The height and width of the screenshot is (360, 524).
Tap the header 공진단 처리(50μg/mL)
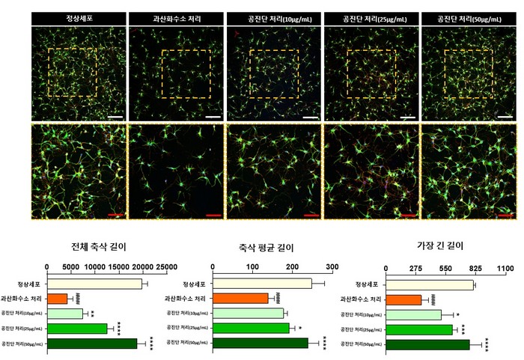(x=469, y=16)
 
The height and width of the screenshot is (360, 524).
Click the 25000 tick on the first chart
(x=166, y=266)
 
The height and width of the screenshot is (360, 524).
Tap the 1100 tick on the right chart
(x=506, y=268)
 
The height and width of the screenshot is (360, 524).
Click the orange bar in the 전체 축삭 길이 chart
(x=58, y=299)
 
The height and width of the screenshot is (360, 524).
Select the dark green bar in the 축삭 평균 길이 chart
(x=261, y=344)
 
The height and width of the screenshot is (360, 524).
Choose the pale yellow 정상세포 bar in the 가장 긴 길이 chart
(x=430, y=285)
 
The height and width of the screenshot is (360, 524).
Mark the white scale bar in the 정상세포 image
(x=115, y=117)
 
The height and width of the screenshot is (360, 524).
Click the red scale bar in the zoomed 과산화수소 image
(x=213, y=215)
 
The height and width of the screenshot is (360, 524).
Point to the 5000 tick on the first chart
(x=70, y=266)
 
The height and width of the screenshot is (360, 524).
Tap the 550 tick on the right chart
(x=445, y=268)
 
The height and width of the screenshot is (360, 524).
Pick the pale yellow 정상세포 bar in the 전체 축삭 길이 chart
(x=94, y=284)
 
